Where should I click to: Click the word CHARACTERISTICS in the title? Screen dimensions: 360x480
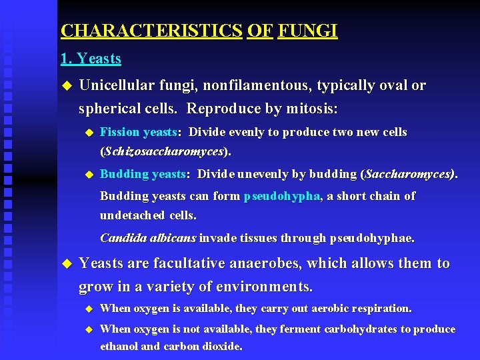point(151,31)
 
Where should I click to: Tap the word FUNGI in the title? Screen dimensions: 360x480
point(308,31)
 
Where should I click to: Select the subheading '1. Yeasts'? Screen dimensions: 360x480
point(91,59)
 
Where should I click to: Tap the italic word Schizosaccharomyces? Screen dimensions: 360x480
point(163,151)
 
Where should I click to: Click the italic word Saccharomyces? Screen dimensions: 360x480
point(408,174)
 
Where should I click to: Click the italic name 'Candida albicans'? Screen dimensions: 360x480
point(148,237)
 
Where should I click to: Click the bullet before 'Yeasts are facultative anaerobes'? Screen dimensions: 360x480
point(65,264)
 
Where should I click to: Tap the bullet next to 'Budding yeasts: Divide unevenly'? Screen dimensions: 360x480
point(87,175)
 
